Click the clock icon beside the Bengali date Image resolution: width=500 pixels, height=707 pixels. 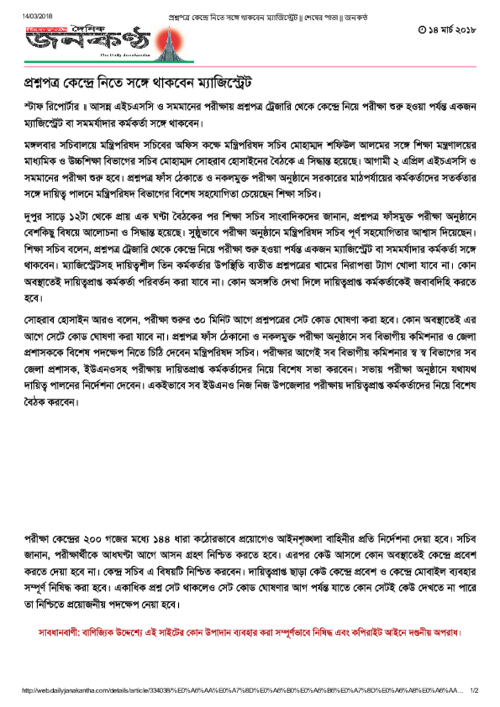(422, 30)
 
